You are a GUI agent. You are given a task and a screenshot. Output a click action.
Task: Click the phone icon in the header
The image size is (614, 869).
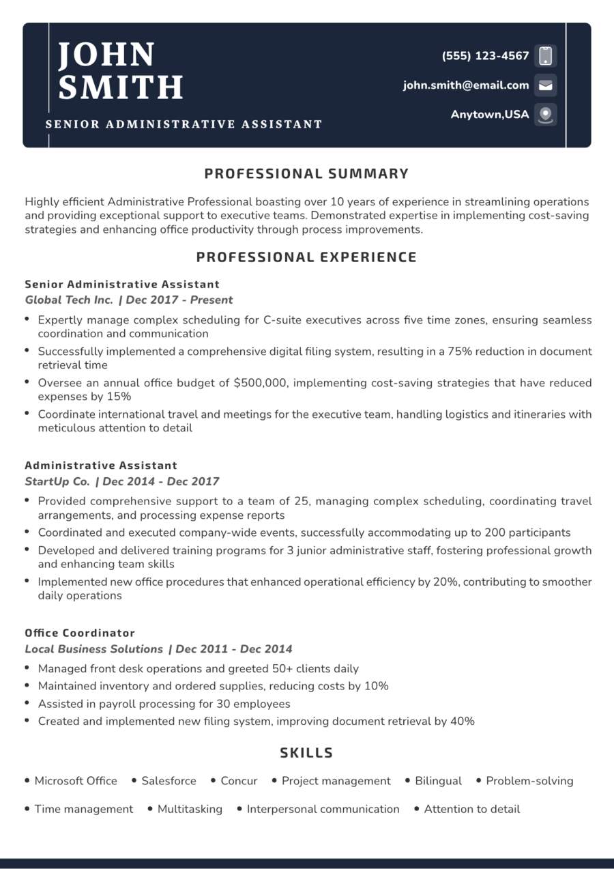[545, 56]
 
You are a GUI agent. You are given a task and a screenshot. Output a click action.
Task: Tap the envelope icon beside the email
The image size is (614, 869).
[545, 85]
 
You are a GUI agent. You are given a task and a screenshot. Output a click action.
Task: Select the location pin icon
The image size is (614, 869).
[545, 115]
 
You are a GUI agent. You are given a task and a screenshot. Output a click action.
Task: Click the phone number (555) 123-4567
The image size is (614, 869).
[485, 56]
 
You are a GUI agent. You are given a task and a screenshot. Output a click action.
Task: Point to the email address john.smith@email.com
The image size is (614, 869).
[466, 85]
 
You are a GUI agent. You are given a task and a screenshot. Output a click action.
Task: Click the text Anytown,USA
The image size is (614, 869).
[489, 115]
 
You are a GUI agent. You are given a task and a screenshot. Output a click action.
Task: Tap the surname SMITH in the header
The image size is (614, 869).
[121, 87]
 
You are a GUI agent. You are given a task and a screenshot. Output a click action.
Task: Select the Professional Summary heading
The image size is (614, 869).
[306, 174]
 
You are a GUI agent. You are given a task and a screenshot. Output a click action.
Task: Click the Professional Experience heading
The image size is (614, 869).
[306, 257]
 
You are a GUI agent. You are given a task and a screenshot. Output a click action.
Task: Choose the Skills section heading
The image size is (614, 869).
[306, 753]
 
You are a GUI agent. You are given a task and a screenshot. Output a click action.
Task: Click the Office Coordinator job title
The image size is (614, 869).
[80, 633]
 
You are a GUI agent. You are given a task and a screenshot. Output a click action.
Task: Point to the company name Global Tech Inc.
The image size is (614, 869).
[69, 300]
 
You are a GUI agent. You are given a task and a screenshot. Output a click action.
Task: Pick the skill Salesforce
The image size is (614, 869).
[169, 781]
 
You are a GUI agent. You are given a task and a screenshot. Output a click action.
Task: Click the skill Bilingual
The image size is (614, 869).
[438, 781]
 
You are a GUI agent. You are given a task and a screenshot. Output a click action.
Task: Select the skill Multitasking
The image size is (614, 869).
[190, 809]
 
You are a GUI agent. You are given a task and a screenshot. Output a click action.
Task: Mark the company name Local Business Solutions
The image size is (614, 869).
[94, 649]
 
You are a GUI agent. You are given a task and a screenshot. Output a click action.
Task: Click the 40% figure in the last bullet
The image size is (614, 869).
[462, 721]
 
